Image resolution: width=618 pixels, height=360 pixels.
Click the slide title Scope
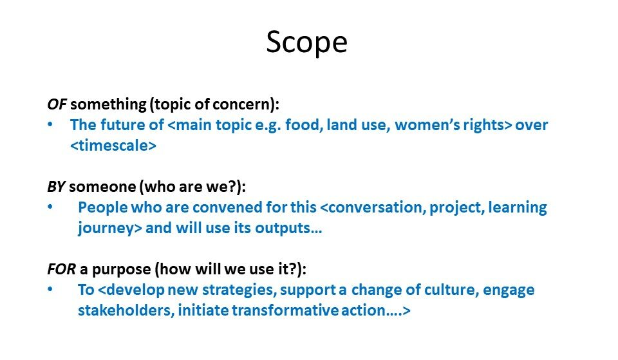pyautogui.click(x=306, y=43)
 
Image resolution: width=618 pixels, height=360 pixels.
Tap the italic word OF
pyautogui.click(x=57, y=104)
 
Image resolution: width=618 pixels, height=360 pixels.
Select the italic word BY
pyautogui.click(x=56, y=187)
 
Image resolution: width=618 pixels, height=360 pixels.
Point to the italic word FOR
pyautogui.click(x=61, y=269)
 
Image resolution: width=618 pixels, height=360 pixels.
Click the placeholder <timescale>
pyautogui.click(x=113, y=146)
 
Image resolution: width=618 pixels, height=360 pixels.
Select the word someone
pyautogui.click(x=102, y=187)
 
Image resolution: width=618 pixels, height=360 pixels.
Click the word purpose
pyautogui.click(x=122, y=270)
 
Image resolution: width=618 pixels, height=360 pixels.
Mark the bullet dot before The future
pyautogui.click(x=50, y=124)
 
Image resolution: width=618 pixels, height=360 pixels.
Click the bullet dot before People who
pyautogui.click(x=50, y=207)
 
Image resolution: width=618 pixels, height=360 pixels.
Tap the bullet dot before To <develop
pyautogui.click(x=50, y=289)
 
